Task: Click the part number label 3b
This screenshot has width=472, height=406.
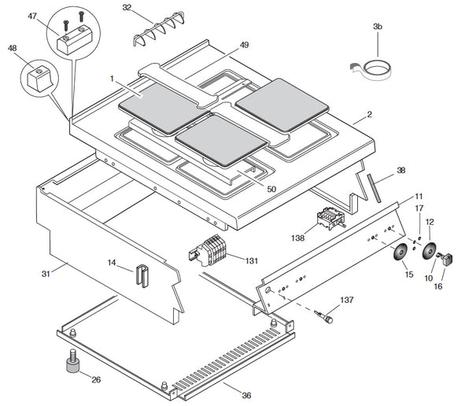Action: pos(377,27)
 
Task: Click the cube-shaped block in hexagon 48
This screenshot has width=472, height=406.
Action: pos(35,77)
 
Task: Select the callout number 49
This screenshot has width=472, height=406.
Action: pos(244,45)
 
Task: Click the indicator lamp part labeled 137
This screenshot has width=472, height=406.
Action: pos(325,319)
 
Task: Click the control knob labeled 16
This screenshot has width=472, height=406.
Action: pos(447,257)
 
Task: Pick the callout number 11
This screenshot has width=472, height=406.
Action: pos(419,195)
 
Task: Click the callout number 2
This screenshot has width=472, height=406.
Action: pos(369,115)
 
